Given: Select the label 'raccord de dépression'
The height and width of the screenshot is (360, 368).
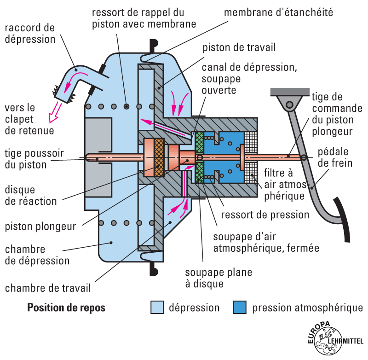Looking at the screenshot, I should (30, 33).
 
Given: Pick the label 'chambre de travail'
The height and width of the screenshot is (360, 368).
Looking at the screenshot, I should (48, 288).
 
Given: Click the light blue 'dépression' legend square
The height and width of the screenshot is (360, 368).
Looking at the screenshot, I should (157, 308).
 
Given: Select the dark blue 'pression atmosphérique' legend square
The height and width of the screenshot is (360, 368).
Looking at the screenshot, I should (240, 308).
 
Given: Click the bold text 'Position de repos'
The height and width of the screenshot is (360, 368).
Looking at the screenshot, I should (66, 308).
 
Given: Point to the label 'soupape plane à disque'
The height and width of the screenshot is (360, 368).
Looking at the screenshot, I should (218, 278).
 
